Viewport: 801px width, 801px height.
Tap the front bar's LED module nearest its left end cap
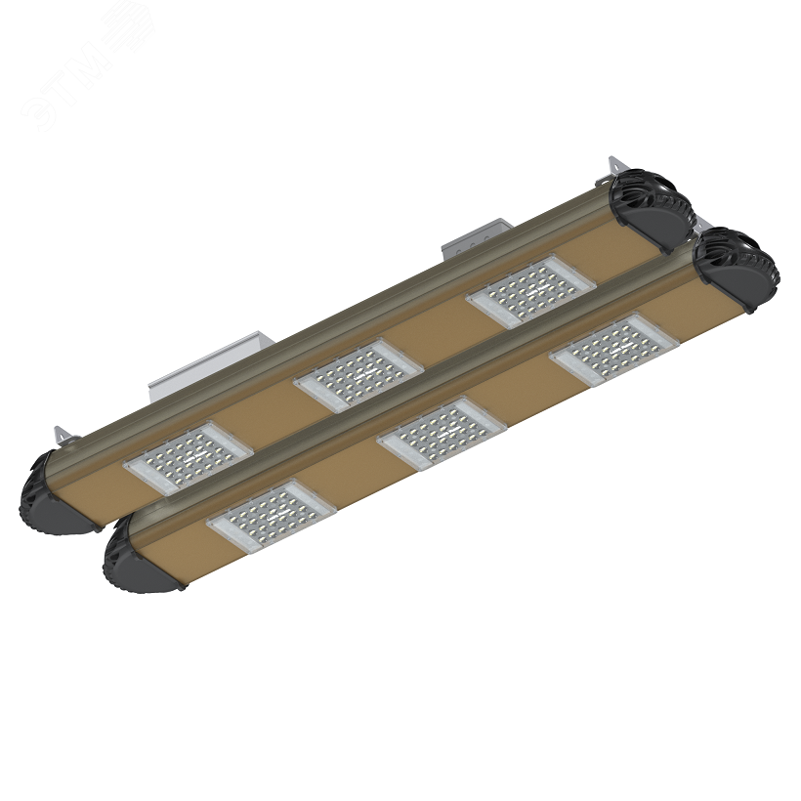pos(272,515)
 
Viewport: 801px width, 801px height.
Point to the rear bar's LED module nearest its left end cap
pos(189,458)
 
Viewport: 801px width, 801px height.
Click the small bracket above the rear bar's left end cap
pos(64,433)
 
